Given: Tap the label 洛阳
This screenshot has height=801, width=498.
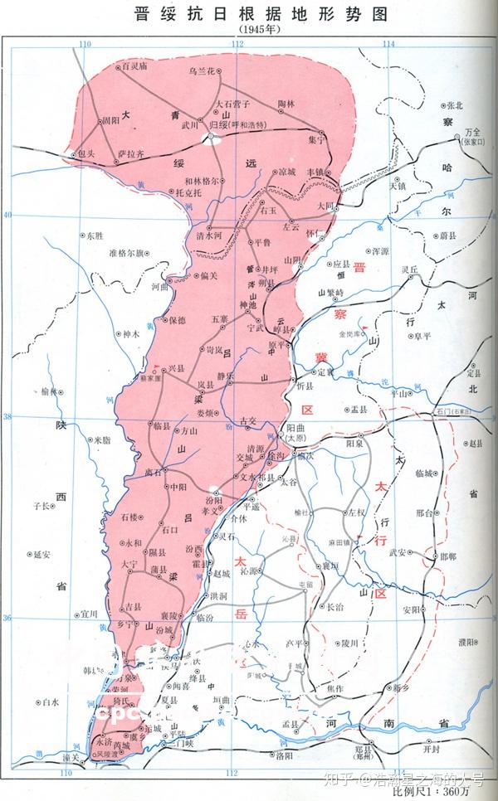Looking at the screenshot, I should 285,756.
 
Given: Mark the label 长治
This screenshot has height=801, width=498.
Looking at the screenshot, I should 335,607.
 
